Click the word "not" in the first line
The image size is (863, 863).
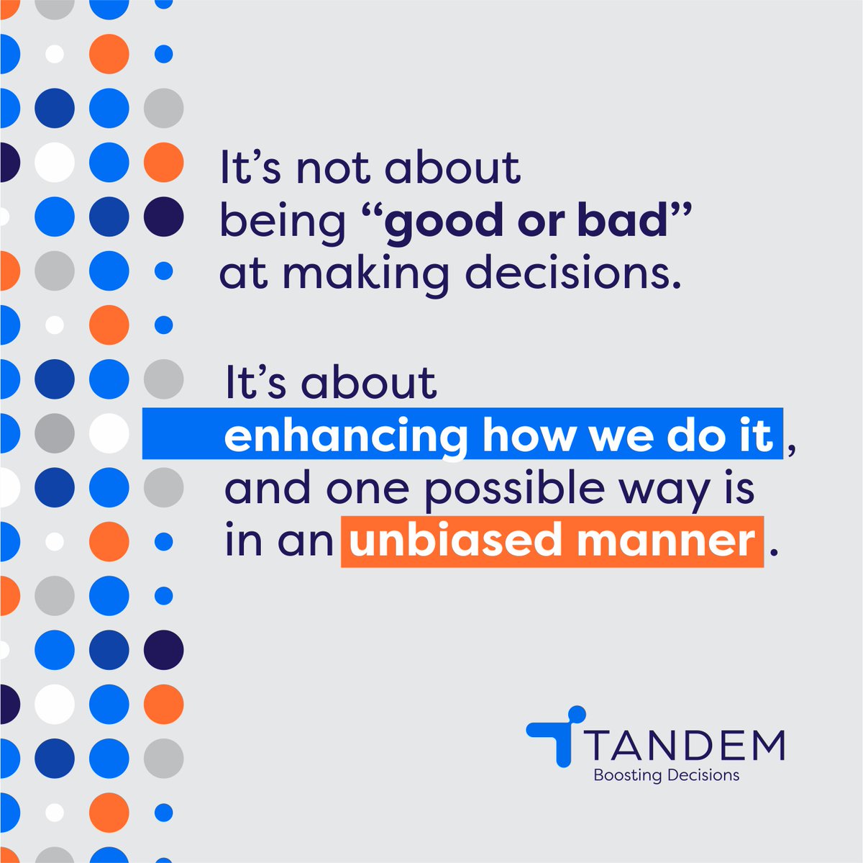[334, 169]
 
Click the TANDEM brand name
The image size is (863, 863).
[685, 746]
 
